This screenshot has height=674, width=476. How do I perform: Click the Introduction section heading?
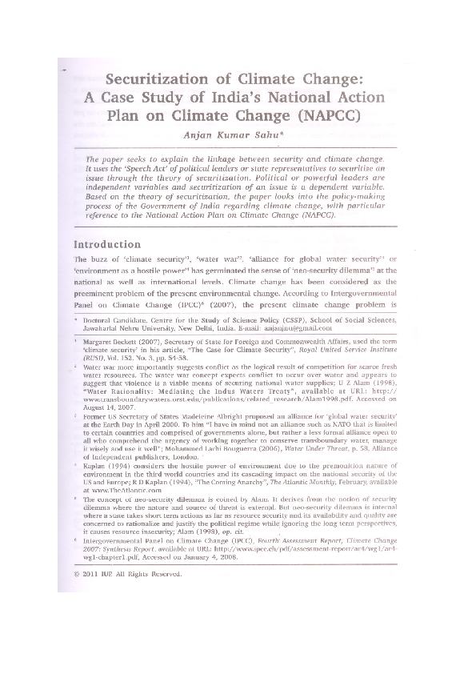pos(107,243)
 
